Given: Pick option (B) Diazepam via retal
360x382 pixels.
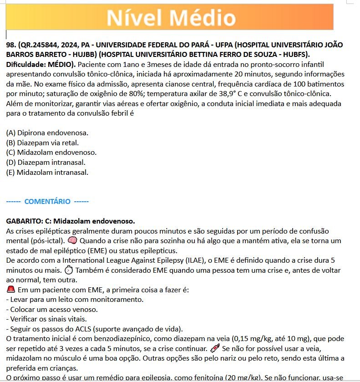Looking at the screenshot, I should [45, 143].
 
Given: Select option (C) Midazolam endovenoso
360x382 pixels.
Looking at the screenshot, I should [51, 153].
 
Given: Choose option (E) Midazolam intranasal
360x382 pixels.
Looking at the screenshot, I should [47, 172].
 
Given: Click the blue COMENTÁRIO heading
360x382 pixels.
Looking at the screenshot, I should [47, 201].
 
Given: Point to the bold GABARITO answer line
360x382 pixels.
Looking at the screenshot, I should [70, 221].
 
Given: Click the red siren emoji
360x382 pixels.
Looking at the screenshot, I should [11, 290].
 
